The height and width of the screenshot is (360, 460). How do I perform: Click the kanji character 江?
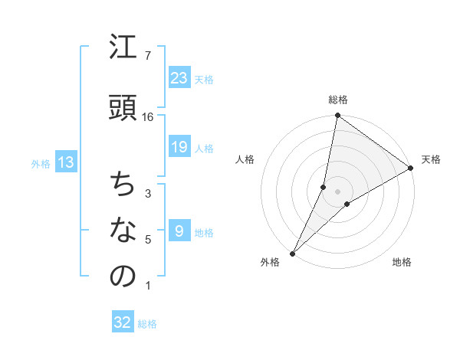coord(124,49)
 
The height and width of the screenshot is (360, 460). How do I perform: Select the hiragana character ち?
coord(124,185)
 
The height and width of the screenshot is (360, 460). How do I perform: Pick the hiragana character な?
coord(124,231)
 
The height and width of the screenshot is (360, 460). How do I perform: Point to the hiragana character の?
coord(124,277)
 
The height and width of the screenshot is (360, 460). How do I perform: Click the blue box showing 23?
coord(179,77)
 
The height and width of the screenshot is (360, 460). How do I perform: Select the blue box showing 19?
coord(179,146)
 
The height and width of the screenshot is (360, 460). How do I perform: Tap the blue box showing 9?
coord(179,231)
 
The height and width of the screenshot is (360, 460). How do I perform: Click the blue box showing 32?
coord(123,322)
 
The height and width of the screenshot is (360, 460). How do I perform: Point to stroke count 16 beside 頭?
coord(148,117)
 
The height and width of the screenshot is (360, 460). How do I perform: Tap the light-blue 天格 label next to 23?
coord(204,79)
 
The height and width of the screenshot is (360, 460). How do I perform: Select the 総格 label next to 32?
coord(147,324)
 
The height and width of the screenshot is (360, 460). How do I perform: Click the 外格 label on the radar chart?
coord(270,263)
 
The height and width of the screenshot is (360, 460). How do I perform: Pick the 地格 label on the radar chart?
coord(402,263)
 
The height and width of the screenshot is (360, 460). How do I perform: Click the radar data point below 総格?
coord(337,116)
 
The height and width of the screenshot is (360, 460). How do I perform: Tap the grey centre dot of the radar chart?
coord(337,191)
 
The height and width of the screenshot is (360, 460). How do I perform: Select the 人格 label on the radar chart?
coord(245,159)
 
